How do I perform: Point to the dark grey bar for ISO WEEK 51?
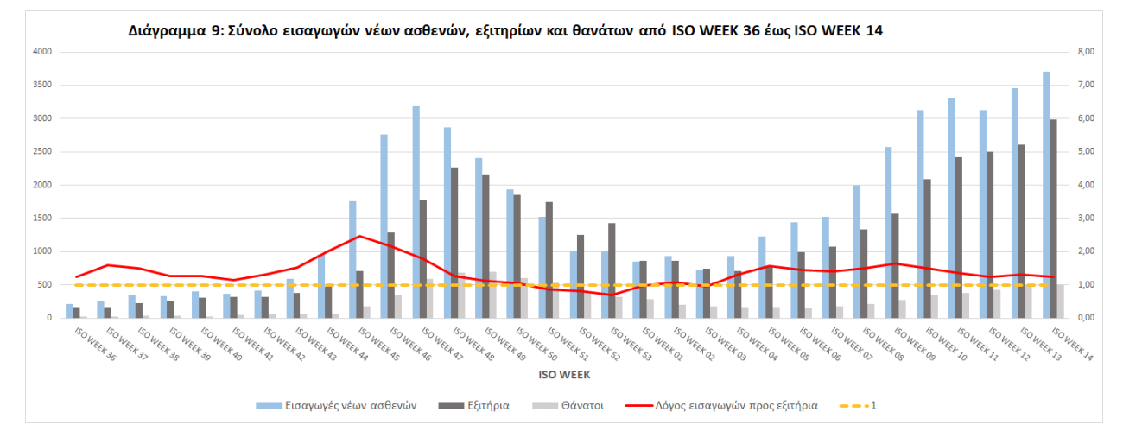[549, 259]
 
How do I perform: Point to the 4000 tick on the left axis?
[42, 52]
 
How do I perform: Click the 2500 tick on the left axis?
[42, 152]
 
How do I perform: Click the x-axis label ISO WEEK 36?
[95, 343]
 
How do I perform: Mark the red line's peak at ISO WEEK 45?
[359, 236]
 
